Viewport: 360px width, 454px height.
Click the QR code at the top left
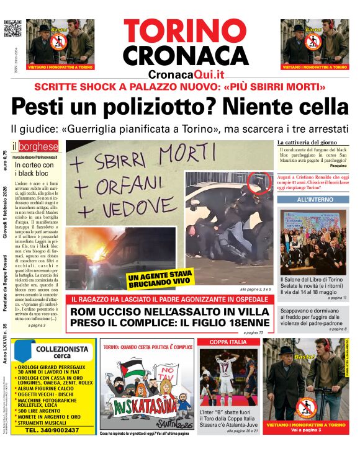tap(13, 29)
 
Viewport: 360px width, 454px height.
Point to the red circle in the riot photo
tap(256, 182)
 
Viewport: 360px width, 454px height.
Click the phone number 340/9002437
tap(56, 430)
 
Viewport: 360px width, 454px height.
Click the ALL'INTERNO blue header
tap(312, 200)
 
